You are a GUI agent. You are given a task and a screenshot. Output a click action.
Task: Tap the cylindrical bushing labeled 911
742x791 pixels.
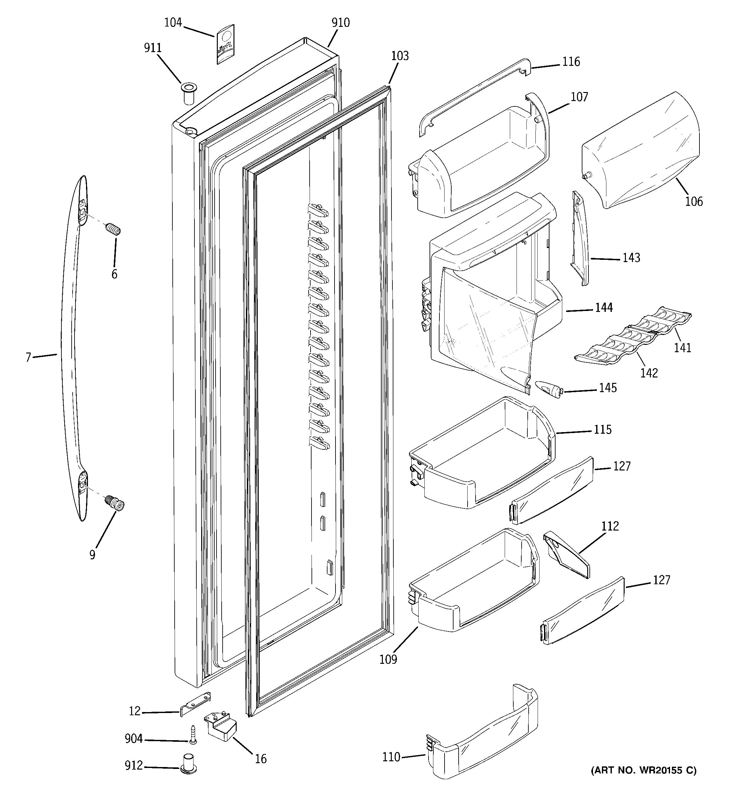point(189,93)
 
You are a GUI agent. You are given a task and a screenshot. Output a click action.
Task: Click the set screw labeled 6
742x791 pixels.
point(114,229)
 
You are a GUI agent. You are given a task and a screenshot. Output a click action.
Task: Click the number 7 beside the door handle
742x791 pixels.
point(28,357)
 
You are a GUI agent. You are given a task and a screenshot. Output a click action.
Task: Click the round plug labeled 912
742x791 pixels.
point(190,763)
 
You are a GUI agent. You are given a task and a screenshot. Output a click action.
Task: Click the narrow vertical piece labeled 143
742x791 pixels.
point(580,238)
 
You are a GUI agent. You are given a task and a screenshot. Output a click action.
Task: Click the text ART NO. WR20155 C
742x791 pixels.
point(643,781)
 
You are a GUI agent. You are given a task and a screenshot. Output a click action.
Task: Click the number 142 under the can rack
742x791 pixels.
point(649,373)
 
